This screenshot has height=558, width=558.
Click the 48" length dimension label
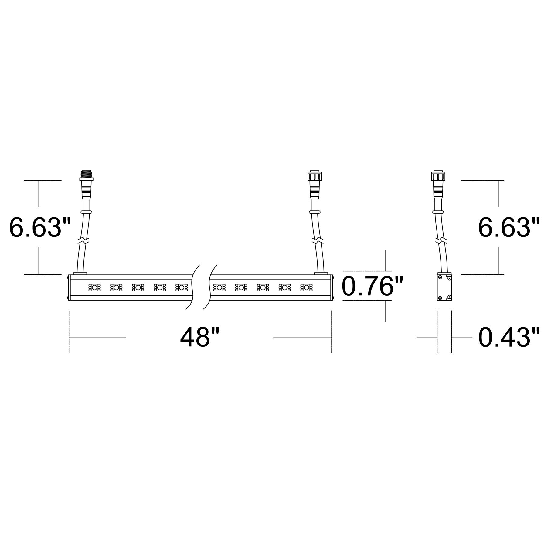click(199, 338)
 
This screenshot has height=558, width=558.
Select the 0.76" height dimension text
click(373, 286)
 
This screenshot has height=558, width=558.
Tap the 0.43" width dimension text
click(509, 338)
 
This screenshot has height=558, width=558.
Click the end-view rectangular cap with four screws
click(444, 287)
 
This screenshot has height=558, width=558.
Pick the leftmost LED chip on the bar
click(94, 287)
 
